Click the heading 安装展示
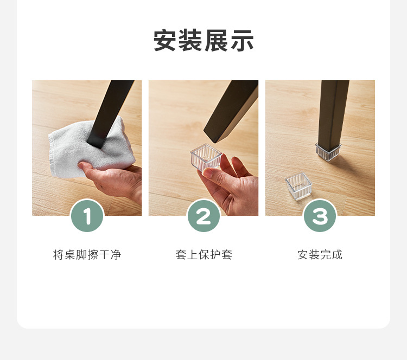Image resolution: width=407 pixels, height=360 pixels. (x=203, y=41)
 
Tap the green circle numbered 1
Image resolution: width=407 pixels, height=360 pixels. (x=87, y=216)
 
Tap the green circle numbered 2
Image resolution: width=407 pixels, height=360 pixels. (x=203, y=216)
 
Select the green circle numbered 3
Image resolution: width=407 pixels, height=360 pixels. (x=320, y=216)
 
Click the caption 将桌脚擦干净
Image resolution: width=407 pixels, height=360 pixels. (x=87, y=255)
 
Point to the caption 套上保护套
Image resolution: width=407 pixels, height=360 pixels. (x=203, y=255)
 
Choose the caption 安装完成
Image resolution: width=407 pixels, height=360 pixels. (x=320, y=255)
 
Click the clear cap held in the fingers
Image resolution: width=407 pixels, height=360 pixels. (x=206, y=157)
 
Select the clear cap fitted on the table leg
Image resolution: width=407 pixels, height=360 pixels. (x=328, y=151)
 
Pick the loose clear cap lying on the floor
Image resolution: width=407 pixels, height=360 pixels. (x=298, y=186)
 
